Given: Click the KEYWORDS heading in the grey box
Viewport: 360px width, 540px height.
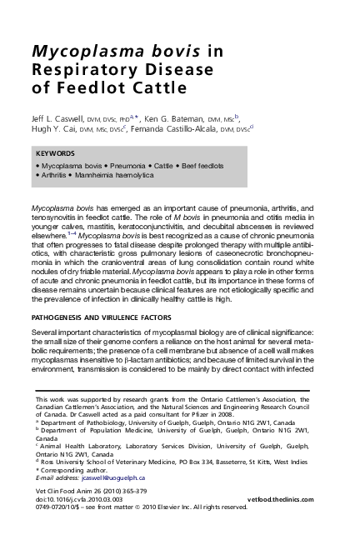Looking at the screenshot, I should tap(56, 153).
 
